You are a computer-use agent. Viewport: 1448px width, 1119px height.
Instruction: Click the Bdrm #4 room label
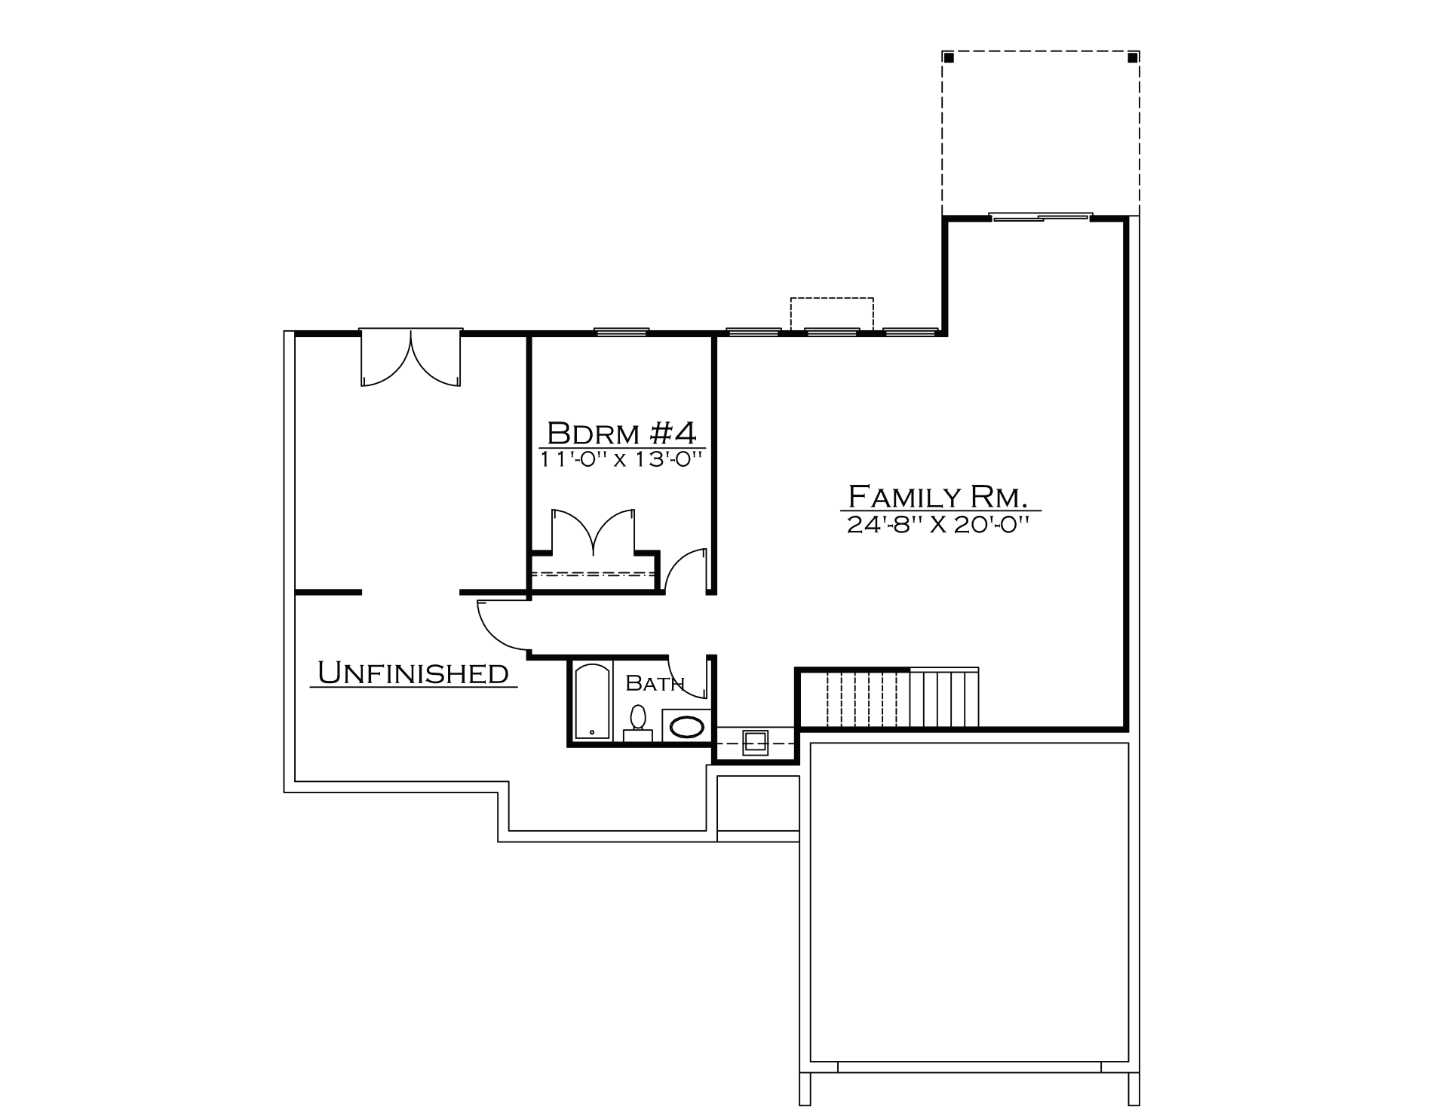[x=621, y=434]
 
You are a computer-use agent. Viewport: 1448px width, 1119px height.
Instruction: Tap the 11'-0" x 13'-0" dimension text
[x=621, y=458]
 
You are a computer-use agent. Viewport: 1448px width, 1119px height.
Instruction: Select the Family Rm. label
[x=939, y=497]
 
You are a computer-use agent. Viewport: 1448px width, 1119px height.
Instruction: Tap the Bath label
[x=655, y=683]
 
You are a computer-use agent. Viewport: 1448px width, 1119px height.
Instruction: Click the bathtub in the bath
[x=592, y=701]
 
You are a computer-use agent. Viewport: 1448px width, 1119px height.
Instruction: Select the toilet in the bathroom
[x=638, y=722]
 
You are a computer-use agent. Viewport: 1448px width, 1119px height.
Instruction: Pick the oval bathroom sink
[x=687, y=727]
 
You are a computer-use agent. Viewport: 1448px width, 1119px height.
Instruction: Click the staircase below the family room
[x=902, y=698]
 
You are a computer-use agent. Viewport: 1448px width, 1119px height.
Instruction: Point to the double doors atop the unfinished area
[x=411, y=357]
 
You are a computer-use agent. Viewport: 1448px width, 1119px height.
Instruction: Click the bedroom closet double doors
[x=594, y=532]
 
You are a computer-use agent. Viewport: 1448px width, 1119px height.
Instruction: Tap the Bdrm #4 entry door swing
[x=686, y=569]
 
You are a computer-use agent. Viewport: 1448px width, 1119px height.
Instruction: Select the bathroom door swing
[x=695, y=677]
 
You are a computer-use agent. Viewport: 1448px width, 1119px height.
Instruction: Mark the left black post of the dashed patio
[x=949, y=57]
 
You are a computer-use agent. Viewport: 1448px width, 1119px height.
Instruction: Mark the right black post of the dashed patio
[x=1133, y=57]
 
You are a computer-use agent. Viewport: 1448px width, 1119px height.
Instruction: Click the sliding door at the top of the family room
[x=1041, y=217]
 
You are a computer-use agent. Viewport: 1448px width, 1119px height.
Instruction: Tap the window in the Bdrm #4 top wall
[x=621, y=331]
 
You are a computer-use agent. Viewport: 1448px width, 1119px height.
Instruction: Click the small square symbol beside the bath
[x=755, y=743]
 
